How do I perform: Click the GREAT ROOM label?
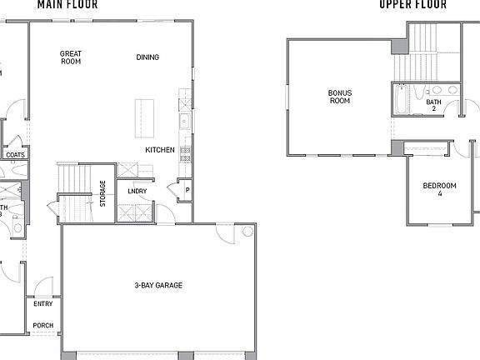70,57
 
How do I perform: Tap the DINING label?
147,57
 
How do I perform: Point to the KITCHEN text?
159,150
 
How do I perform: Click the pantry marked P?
187,190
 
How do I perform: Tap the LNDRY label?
137,191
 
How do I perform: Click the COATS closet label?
15,155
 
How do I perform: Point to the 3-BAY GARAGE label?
158,286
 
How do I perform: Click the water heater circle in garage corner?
247,231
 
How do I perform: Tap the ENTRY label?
42,304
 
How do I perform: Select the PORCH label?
42,325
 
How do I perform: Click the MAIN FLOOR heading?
67,4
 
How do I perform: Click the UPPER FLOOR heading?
412,4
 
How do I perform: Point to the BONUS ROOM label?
339,97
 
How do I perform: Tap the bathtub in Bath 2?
401,100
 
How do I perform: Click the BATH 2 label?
433,105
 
